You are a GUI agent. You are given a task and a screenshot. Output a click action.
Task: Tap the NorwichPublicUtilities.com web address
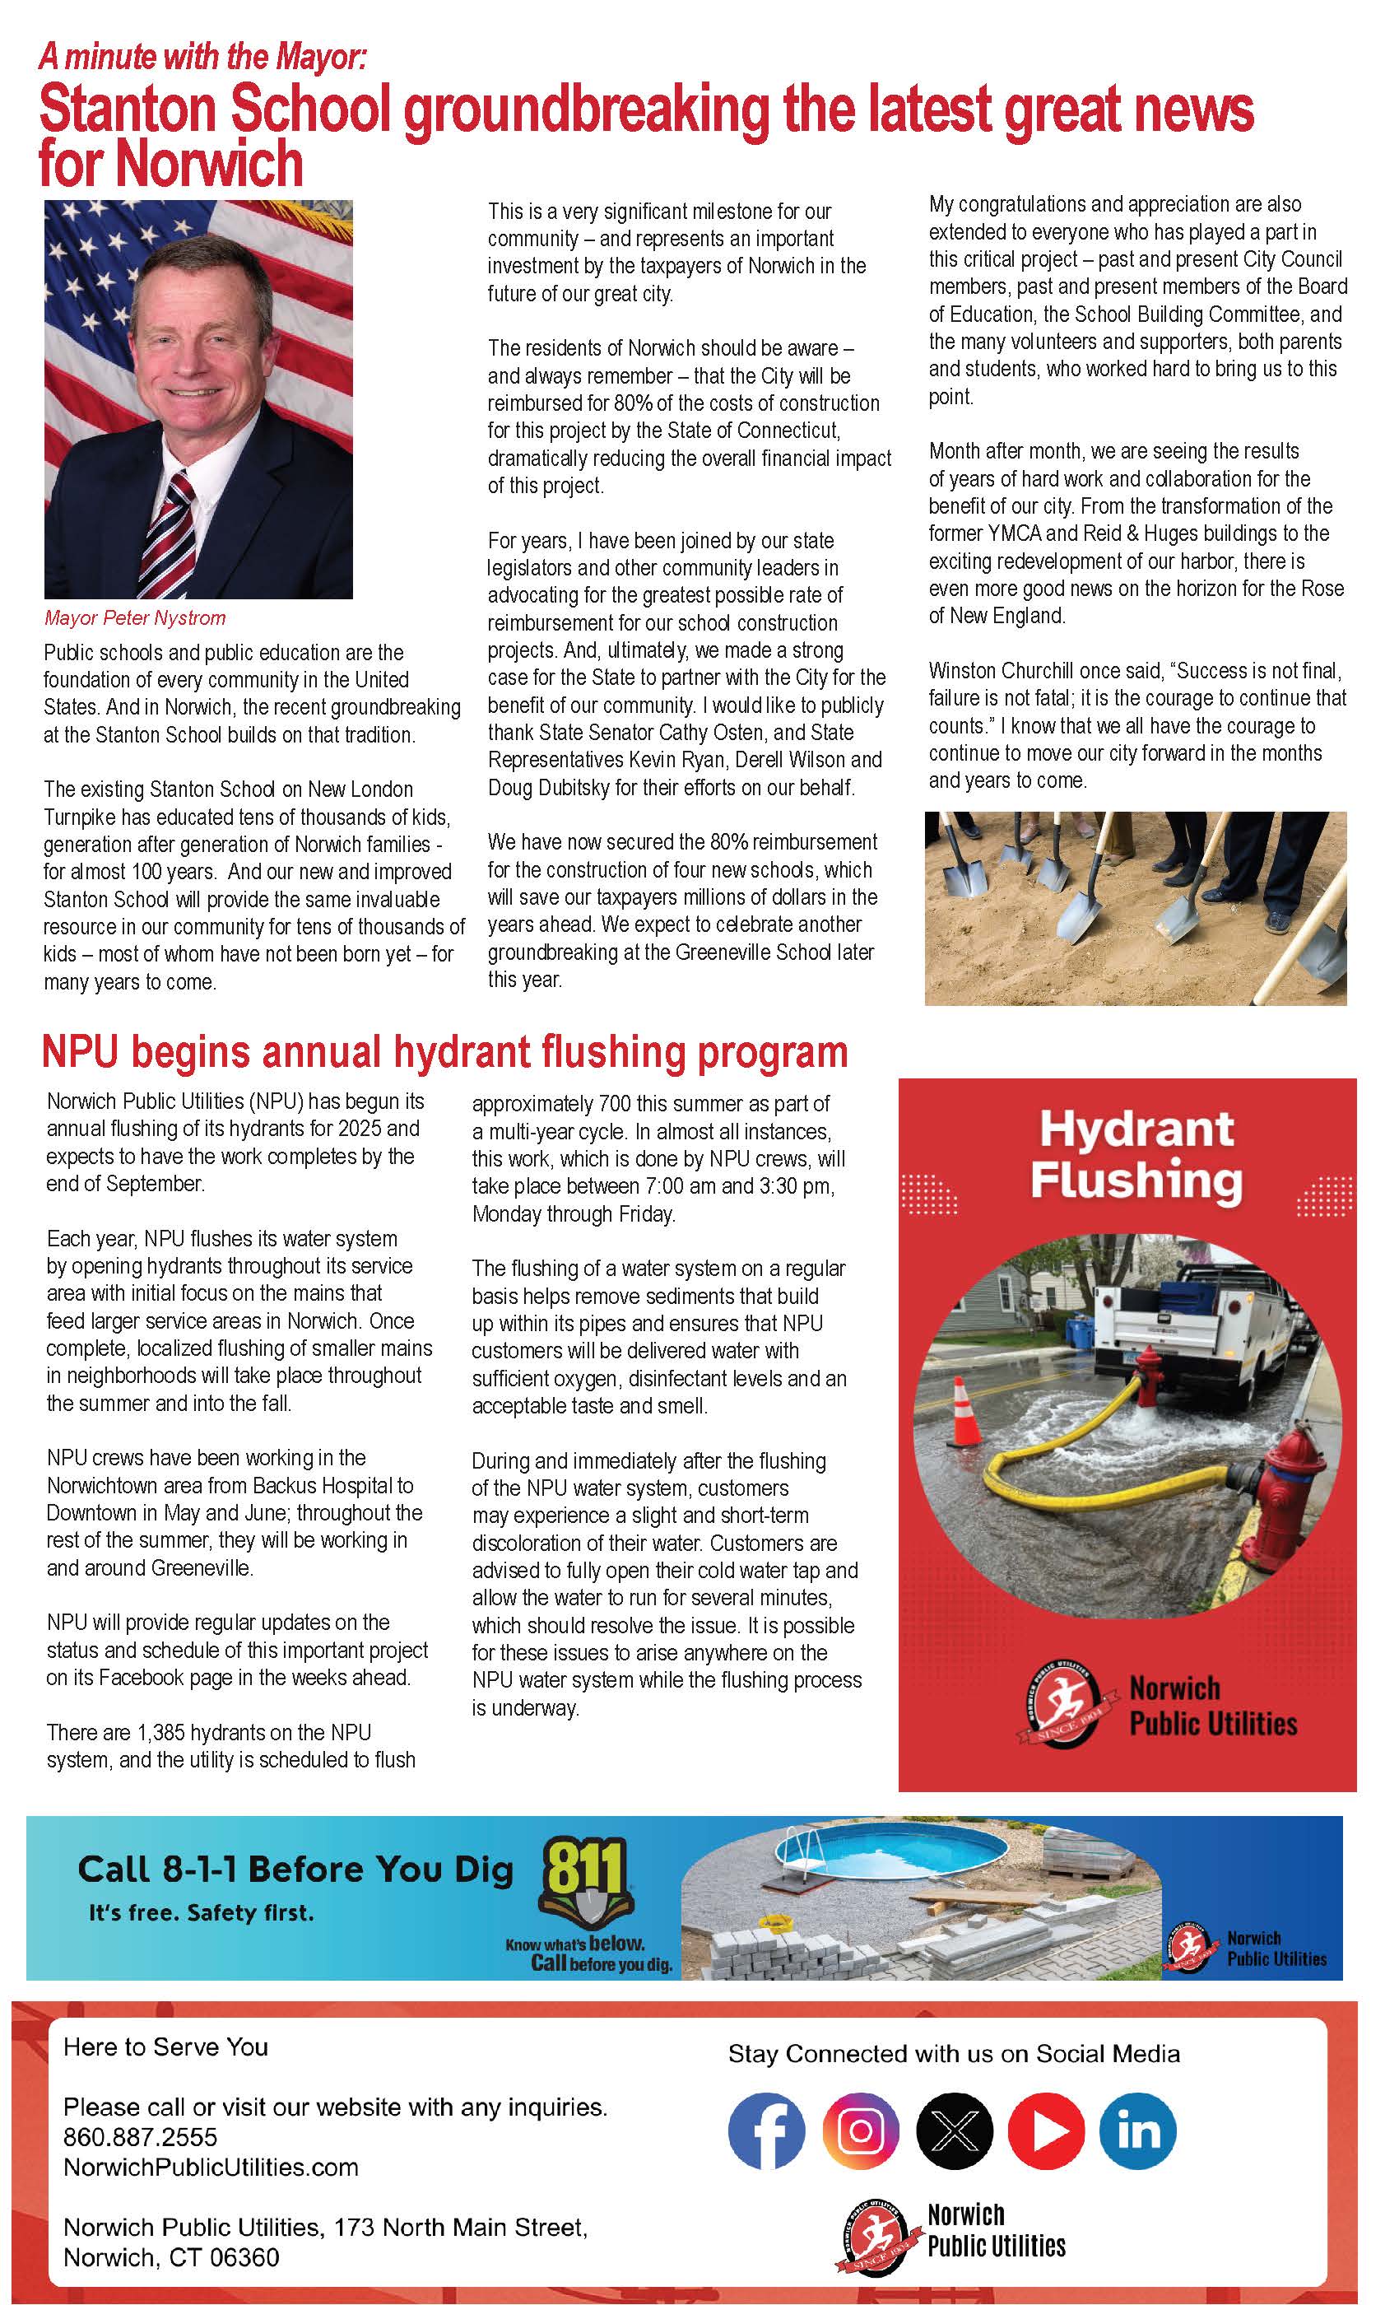(x=211, y=2167)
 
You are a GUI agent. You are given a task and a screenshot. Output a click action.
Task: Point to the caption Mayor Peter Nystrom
(x=135, y=618)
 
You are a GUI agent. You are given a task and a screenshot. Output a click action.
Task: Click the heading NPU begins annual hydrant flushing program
(x=444, y=1051)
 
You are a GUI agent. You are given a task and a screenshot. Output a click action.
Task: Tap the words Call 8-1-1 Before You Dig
(x=295, y=1869)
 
